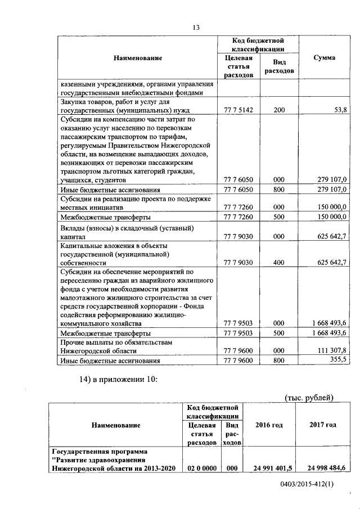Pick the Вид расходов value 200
click(x=279, y=110)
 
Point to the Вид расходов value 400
click(x=279, y=262)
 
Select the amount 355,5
click(x=337, y=360)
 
